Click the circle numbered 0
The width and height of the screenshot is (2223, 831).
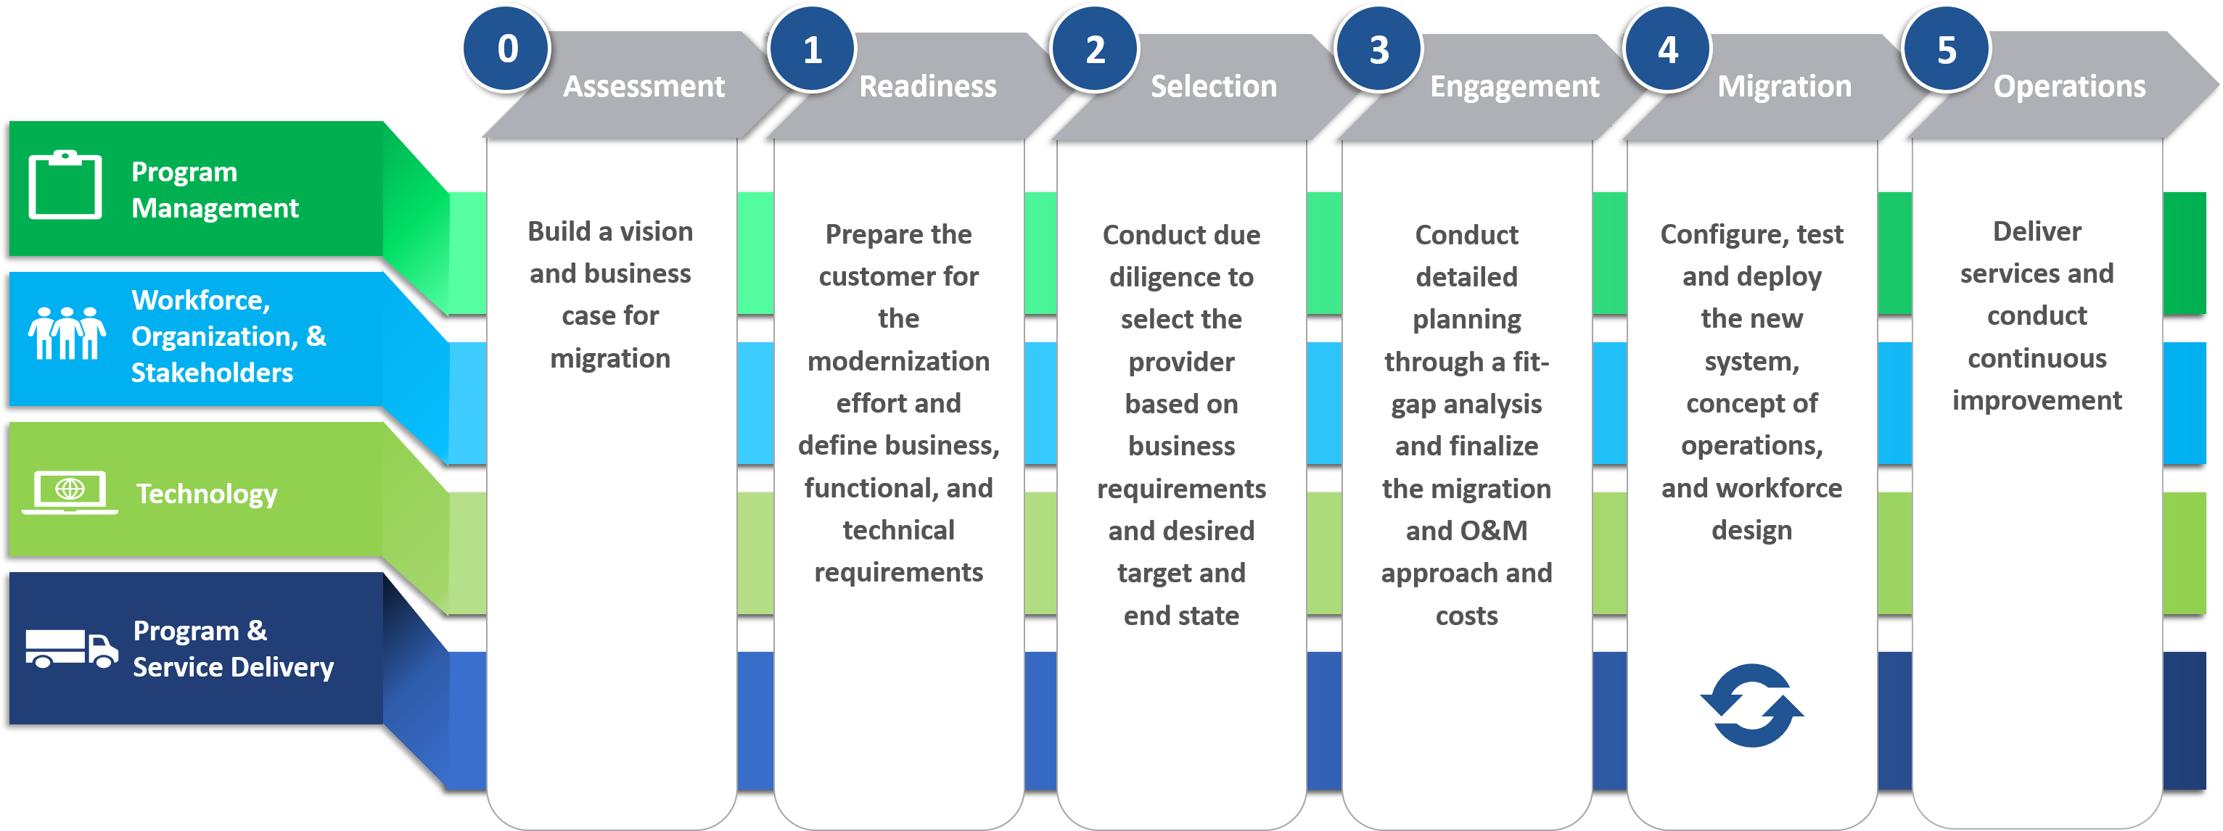pos(506,49)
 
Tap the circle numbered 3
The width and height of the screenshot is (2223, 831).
pos(1378,49)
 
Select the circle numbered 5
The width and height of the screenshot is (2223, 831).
pos(1946,49)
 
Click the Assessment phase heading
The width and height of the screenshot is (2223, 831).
pos(644,86)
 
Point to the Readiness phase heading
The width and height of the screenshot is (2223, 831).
pos(928,86)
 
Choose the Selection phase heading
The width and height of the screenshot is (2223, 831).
pos(1213,86)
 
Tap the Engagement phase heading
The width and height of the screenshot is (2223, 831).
pos(1514,86)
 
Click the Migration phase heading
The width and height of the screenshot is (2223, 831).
pos(1784,86)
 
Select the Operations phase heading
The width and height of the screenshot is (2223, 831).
pos(2068,86)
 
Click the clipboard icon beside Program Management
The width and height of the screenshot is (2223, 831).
pos(65,186)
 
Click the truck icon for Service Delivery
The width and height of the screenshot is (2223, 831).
pos(72,648)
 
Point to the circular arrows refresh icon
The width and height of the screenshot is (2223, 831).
pos(1752,705)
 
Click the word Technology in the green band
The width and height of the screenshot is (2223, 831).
pos(207,494)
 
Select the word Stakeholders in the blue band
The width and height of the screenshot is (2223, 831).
pos(213,373)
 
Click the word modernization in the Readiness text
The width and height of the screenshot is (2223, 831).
pos(898,360)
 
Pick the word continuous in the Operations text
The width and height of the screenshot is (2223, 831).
pos(2037,358)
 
